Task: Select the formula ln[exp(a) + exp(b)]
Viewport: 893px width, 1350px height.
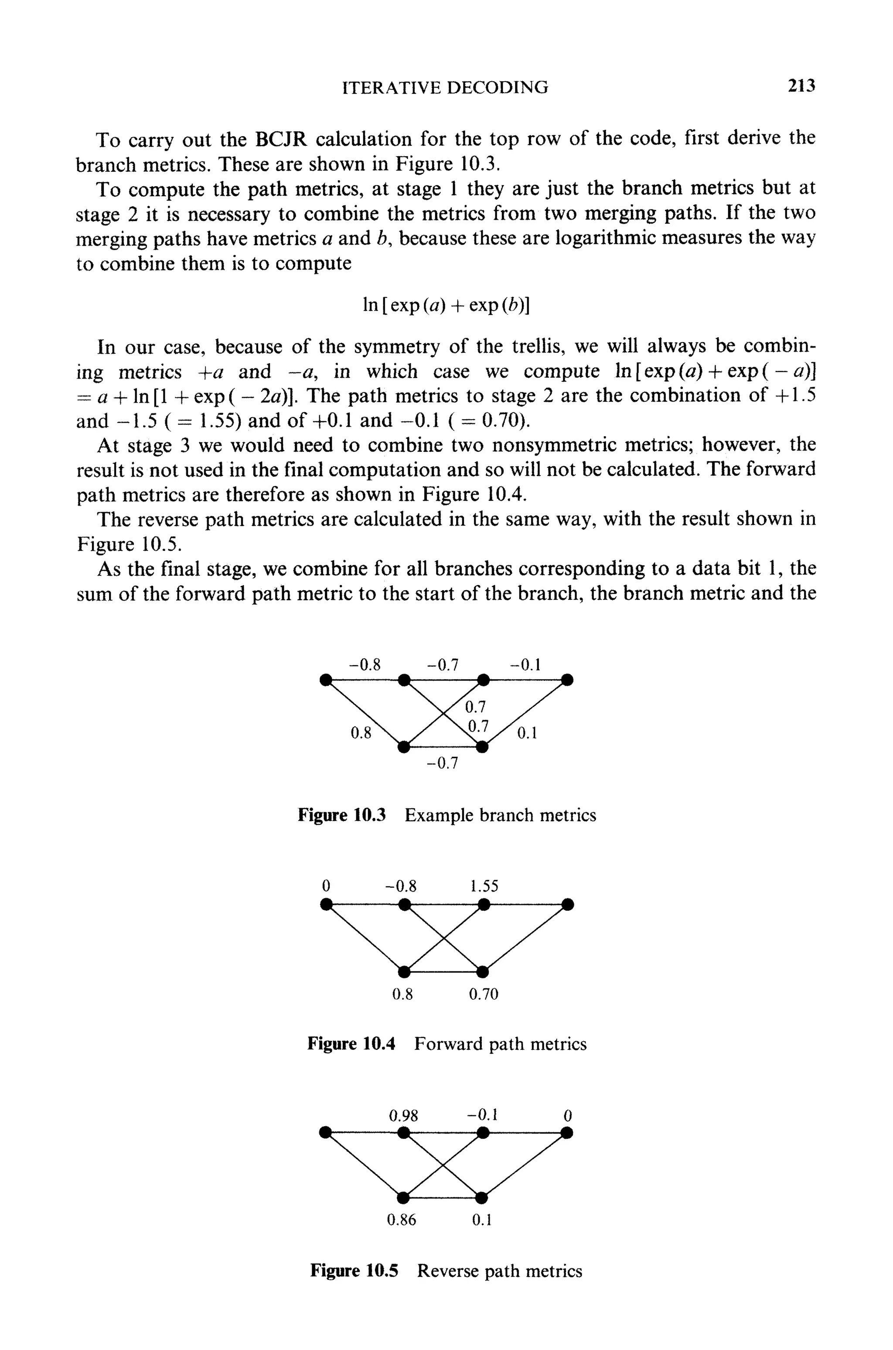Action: (x=446, y=305)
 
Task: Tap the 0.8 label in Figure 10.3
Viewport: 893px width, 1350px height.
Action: (x=361, y=733)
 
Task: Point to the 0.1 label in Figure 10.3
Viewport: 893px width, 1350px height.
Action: (x=527, y=734)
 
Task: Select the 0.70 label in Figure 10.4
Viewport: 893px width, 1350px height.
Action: (x=484, y=994)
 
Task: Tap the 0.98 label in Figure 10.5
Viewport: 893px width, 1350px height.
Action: (x=403, y=1115)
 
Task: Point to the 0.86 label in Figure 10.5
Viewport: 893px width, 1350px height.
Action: (x=402, y=1220)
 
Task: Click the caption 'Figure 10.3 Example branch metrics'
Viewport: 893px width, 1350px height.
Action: (x=446, y=815)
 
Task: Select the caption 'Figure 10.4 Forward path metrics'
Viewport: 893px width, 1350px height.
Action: (x=446, y=1043)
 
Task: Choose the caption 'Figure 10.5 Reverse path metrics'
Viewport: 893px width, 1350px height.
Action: (x=446, y=1271)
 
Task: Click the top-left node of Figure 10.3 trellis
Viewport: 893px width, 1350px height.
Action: (x=325, y=680)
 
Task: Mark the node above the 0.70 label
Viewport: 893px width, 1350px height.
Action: (x=482, y=970)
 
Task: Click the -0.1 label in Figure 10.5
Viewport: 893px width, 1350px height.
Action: (x=482, y=1114)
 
